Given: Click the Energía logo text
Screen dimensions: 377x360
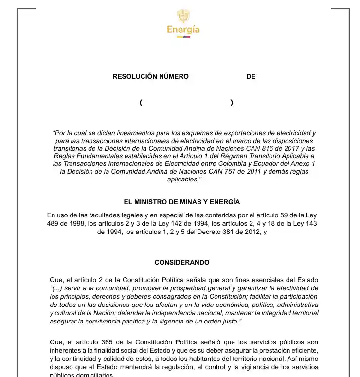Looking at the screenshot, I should (x=183, y=30).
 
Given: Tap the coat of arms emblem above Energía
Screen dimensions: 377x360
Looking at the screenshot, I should (x=183, y=16).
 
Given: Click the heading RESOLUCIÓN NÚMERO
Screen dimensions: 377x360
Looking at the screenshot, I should (x=150, y=76).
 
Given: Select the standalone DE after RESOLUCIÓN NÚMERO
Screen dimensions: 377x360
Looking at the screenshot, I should (x=251, y=76).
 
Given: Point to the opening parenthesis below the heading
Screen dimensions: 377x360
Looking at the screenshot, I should (x=141, y=103).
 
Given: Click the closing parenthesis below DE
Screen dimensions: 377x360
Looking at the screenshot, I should (x=232, y=103).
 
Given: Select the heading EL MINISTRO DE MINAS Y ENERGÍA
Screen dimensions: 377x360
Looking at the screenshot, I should (x=182, y=202).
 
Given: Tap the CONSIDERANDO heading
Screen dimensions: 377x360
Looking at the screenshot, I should (x=182, y=262).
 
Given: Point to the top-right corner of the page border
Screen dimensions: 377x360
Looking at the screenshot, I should (x=349, y=9).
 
